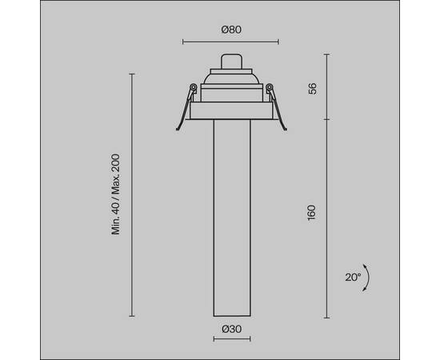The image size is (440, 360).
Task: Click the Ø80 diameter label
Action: click(x=230, y=30)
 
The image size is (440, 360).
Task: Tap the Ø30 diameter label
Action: click(x=230, y=329)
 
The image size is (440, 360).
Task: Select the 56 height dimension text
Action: click(x=312, y=87)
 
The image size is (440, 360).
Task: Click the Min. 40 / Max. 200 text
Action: click(x=116, y=194)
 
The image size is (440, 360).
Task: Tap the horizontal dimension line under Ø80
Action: click(x=230, y=42)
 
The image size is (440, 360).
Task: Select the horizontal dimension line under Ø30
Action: click(x=230, y=339)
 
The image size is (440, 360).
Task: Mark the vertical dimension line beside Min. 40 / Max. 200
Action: click(x=132, y=194)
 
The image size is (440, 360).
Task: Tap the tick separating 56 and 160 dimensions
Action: click(x=327, y=120)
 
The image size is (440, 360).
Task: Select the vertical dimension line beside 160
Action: click(x=327, y=216)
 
